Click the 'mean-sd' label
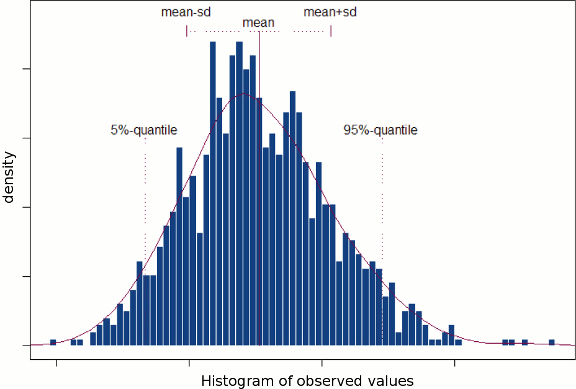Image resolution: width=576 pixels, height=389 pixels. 186,12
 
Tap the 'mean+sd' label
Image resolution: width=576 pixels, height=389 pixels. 330,12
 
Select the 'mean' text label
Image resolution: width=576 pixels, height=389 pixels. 258,23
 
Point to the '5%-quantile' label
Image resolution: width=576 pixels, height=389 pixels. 144,130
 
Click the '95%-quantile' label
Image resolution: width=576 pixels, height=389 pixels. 380,130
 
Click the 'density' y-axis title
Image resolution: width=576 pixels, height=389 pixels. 9,177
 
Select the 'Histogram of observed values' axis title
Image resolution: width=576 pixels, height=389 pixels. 307,380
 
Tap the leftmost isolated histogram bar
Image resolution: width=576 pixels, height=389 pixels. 53,342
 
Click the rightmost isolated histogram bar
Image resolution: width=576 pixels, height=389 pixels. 552,342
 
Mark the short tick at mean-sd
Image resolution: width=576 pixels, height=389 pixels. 187,30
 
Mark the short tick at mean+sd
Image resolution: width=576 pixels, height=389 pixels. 331,30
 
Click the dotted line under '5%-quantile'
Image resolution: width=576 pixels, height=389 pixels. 145,186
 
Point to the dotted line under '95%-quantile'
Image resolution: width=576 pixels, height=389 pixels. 382,186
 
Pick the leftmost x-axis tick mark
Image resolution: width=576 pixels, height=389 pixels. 56,362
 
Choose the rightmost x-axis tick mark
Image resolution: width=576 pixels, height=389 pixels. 455,362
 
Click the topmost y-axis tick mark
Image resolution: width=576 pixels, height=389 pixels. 26,69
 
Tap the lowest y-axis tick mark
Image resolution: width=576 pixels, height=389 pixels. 26,345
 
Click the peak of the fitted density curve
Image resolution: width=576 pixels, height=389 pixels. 244,94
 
